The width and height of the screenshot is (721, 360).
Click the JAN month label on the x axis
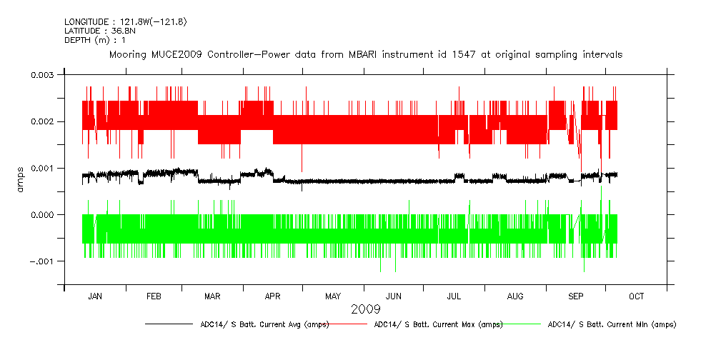[95, 296]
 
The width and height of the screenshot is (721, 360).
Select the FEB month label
[154, 296]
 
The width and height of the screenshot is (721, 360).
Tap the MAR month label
[212, 296]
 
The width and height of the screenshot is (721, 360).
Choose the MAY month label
[332, 296]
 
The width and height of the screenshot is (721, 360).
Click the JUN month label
[393, 296]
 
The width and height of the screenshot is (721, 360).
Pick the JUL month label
[454, 296]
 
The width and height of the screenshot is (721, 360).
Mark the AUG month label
[514, 296]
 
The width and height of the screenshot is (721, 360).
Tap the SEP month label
[576, 296]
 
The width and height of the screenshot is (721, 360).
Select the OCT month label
[636, 296]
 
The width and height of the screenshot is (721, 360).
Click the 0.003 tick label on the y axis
[42, 75]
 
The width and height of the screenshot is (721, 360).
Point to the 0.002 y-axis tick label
[42, 121]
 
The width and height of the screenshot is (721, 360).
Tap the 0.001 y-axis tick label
[42, 168]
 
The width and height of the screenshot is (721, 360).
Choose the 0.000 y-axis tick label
[42, 215]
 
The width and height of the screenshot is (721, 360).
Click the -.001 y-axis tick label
[42, 261]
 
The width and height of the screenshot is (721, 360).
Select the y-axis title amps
[21, 179]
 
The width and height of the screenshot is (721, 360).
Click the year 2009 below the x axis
[365, 309]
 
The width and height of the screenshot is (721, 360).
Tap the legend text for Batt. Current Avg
[264, 324]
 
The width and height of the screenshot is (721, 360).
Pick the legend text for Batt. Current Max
[438, 324]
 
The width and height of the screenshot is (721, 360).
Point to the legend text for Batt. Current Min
[612, 324]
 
